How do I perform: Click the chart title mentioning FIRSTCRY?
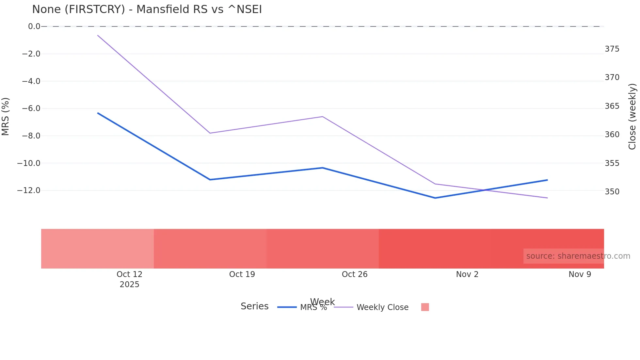pyautogui.click(x=147, y=9)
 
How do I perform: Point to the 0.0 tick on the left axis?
pyautogui.click(x=34, y=26)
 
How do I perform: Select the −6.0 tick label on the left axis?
pyautogui.click(x=31, y=108)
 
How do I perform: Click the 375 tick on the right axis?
pyautogui.click(x=612, y=49)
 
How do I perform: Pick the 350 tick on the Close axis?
pyautogui.click(x=612, y=192)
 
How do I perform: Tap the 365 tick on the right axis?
pyautogui.click(x=612, y=106)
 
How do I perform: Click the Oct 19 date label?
pyautogui.click(x=242, y=274)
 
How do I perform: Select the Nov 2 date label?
pyautogui.click(x=467, y=274)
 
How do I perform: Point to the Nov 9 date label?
pyautogui.click(x=580, y=274)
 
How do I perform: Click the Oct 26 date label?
pyautogui.click(x=355, y=274)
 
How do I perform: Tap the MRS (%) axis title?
pyautogui.click(x=6, y=116)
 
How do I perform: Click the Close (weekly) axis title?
pyautogui.click(x=632, y=117)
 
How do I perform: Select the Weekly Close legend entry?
pyautogui.click(x=382, y=307)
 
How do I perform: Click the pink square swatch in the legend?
pyautogui.click(x=425, y=307)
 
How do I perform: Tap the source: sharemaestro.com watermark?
pyautogui.click(x=578, y=256)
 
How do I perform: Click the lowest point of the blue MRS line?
pyautogui.click(x=435, y=198)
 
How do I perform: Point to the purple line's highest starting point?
pyautogui.click(x=98, y=35)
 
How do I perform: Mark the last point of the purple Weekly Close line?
pyautogui.click(x=547, y=198)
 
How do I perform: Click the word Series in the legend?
pyautogui.click(x=254, y=306)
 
